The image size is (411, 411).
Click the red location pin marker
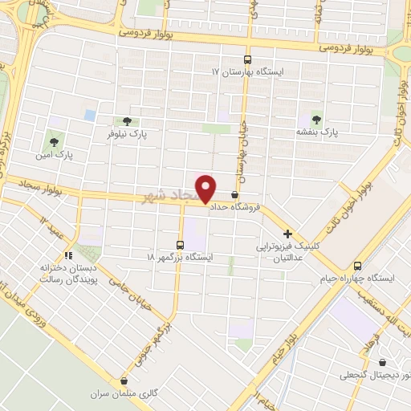(x=206, y=189)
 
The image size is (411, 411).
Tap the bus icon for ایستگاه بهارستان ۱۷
(x=247, y=59)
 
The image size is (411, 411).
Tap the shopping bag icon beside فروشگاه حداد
(x=234, y=194)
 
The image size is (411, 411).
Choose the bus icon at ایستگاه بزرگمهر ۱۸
(x=180, y=244)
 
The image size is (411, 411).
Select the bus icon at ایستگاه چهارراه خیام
(x=358, y=266)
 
